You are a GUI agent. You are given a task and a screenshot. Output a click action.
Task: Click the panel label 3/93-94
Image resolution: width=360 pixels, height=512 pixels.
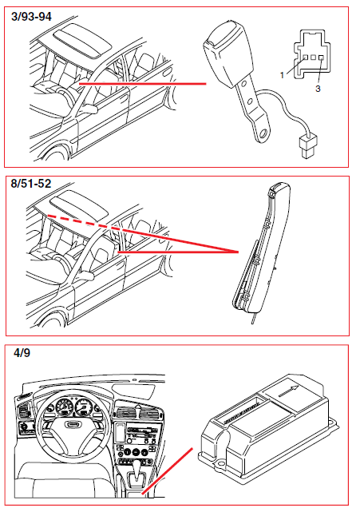[31, 16]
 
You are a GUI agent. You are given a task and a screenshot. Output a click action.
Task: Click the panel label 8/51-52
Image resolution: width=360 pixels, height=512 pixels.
[31, 184]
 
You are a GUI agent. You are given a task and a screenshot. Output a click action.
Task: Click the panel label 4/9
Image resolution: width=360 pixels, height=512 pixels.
[22, 353]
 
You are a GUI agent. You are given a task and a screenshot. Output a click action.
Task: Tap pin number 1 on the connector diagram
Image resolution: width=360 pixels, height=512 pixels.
[283, 75]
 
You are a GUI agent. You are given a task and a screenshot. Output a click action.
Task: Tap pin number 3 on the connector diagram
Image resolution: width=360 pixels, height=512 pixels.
[318, 89]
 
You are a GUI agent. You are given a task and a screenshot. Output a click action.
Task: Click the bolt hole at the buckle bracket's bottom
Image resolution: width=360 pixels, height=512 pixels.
[265, 133]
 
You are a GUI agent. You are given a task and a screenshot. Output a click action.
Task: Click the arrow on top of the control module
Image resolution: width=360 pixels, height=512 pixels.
[288, 391]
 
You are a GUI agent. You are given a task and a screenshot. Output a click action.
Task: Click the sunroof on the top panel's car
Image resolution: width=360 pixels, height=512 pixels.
[81, 40]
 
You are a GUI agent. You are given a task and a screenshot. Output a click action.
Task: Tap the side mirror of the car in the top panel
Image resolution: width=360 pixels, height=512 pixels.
[89, 109]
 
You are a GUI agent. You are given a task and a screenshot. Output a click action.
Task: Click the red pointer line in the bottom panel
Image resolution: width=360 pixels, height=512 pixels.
[168, 470]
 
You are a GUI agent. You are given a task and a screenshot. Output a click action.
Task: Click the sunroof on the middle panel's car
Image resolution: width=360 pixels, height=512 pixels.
[79, 205]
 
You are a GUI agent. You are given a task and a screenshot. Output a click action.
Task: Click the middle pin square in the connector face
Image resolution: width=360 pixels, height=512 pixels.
[314, 58]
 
